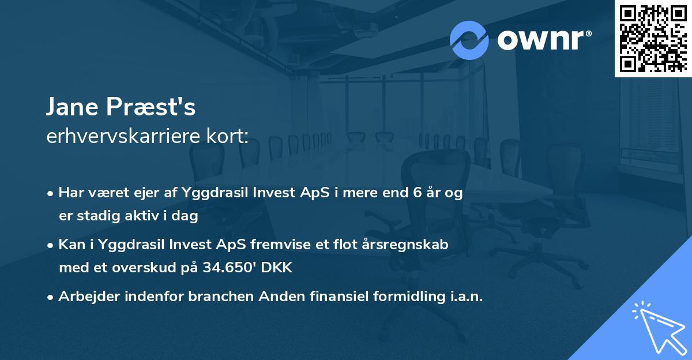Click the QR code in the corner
653,38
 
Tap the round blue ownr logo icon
469,40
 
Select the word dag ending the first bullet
187,216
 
